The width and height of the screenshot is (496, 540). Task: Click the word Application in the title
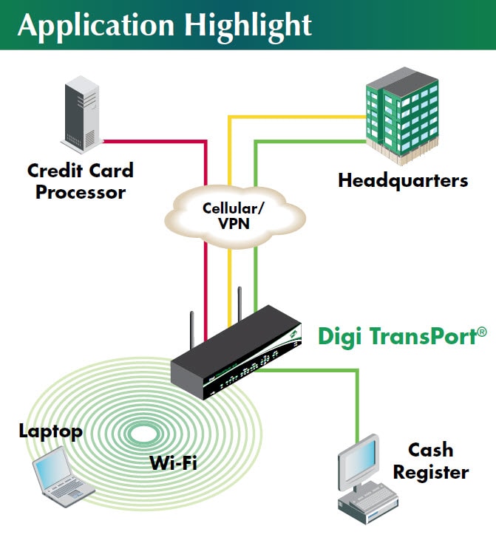click(95, 25)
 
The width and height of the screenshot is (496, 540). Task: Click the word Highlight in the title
click(248, 25)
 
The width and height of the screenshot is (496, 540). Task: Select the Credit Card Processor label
click(81, 181)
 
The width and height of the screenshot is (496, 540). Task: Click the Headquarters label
click(403, 180)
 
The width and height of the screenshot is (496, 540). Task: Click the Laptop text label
click(50, 431)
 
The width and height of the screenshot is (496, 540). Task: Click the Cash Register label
click(430, 460)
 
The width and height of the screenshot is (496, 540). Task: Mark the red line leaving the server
click(155, 140)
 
